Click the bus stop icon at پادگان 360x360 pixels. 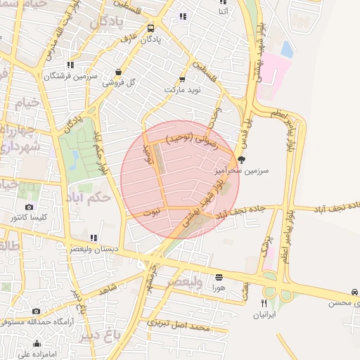[151, 29]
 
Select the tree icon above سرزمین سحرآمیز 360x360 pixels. [242, 160]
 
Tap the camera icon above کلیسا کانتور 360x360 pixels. [29, 207]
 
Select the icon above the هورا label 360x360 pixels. [219, 277]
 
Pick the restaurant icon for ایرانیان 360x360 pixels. [264, 303]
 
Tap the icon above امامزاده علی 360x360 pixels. [37, 344]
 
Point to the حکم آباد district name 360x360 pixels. [91, 198]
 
